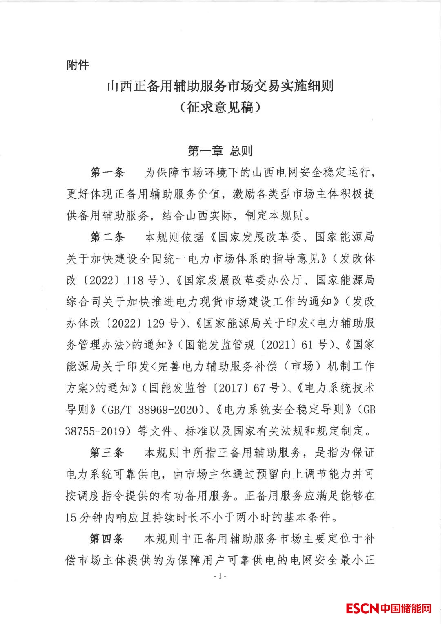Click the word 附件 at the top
tap(78, 65)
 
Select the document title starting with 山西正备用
tap(220, 87)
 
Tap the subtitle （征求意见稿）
tap(220, 108)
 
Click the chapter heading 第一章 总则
tap(220, 151)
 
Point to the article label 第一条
tap(107, 173)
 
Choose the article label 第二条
tap(107, 237)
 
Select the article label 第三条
tap(107, 453)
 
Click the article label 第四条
tap(107, 539)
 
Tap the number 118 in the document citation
tap(134, 281)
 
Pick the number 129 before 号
tap(157, 323)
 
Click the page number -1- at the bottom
tap(220, 576)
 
